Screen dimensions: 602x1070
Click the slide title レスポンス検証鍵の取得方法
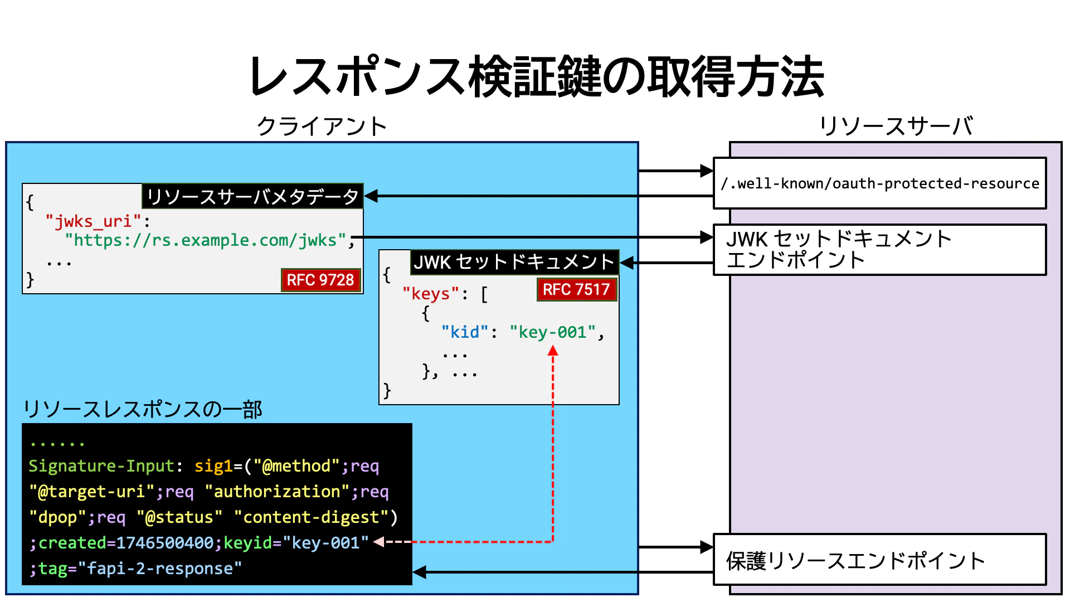[x=536, y=76]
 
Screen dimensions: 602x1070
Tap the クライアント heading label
[x=322, y=127]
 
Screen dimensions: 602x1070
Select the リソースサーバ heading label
[x=896, y=127]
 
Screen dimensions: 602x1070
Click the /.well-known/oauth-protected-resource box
[x=879, y=183]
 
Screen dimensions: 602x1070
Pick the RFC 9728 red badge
[x=320, y=280]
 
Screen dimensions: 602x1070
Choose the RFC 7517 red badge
[x=576, y=290]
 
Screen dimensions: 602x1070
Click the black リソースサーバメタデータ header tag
[x=252, y=196]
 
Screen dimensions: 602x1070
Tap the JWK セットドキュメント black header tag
[x=514, y=262]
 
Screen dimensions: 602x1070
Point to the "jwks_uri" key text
[x=94, y=222]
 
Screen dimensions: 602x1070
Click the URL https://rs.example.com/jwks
[x=206, y=240]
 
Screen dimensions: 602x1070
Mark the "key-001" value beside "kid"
[x=552, y=332]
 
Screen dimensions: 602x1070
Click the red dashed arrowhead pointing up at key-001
[x=553, y=351]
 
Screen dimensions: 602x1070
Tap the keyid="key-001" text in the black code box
[x=296, y=543]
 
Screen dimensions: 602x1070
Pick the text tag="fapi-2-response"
[x=140, y=569]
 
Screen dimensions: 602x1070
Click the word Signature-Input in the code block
[x=101, y=466]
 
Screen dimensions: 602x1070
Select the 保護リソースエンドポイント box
[x=879, y=560]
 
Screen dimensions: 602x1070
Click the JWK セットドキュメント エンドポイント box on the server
[x=879, y=250]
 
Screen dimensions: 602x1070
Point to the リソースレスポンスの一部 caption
[x=143, y=410]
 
